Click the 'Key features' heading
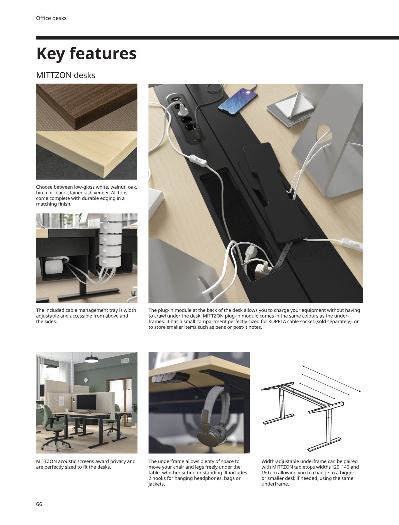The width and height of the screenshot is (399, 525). click(86, 54)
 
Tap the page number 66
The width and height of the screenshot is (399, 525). click(39, 504)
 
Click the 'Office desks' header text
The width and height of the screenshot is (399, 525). click(51, 18)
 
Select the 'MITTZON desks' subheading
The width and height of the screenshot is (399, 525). click(66, 75)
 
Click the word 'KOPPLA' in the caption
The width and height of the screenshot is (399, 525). click(277, 321)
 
